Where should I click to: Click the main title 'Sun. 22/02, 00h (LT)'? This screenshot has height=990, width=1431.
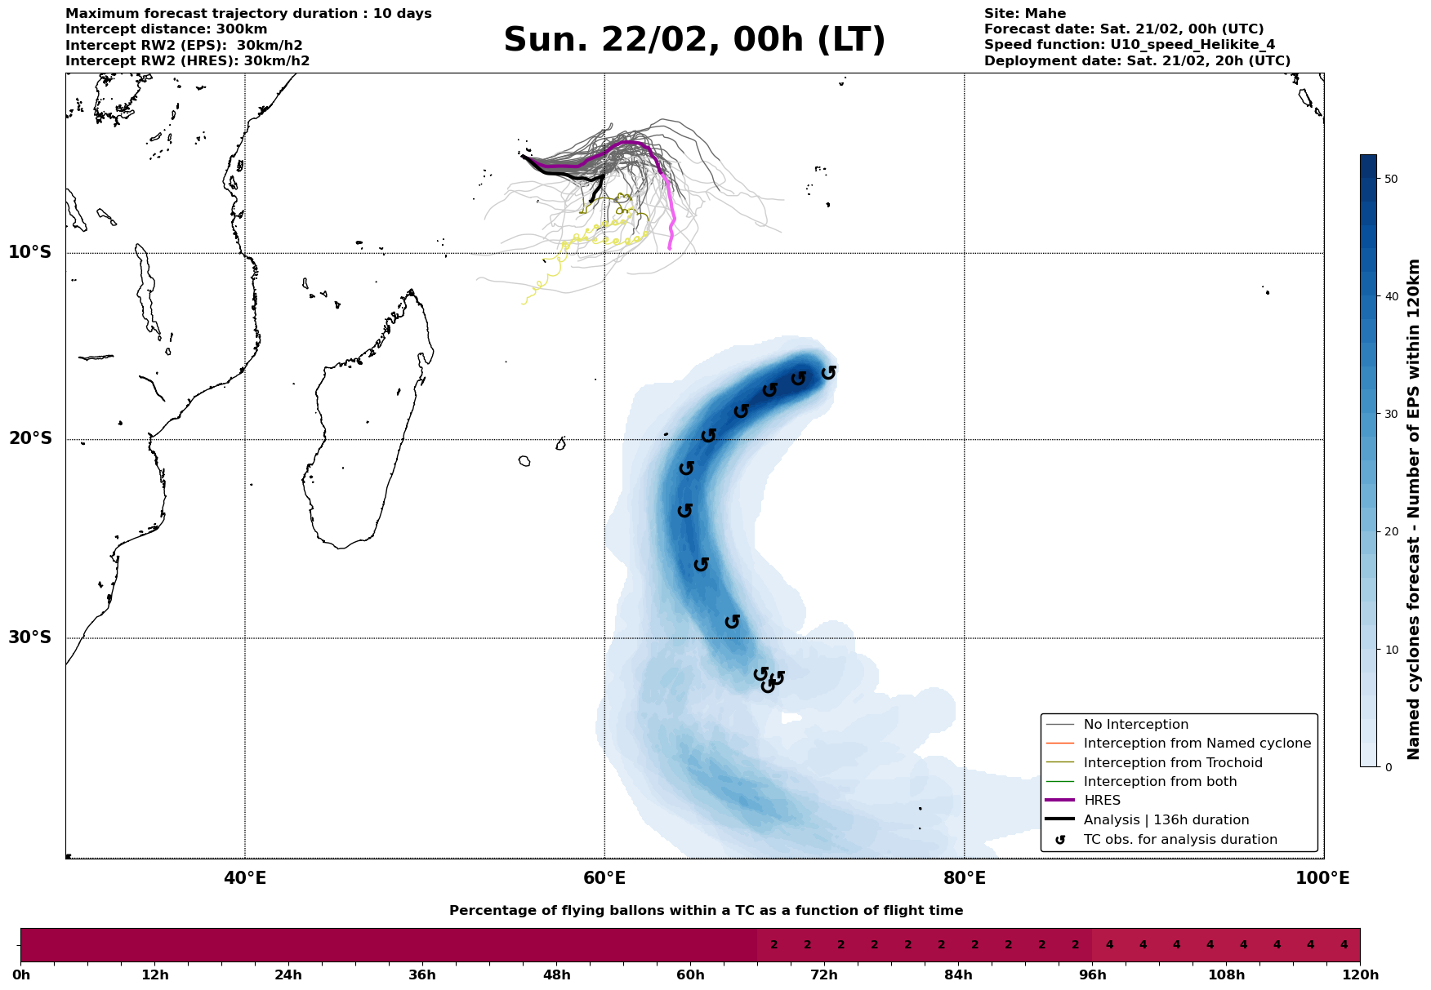[694, 40]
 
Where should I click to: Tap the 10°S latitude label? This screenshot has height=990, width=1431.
[30, 252]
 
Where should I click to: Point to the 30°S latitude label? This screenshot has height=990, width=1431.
[30, 637]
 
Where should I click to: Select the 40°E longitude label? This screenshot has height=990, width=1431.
[245, 878]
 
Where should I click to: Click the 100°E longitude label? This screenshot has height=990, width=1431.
[1323, 878]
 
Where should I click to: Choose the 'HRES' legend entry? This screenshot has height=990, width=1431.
[1102, 801]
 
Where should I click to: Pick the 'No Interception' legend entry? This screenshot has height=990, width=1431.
[1135, 725]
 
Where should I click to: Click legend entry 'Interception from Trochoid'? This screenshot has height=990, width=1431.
[1173, 763]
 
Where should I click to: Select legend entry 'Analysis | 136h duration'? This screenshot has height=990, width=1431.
[1166, 820]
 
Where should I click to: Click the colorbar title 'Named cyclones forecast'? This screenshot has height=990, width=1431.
[1415, 509]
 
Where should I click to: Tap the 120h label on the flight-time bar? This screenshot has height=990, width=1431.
[1360, 975]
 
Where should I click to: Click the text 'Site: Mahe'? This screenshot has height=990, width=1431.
[1025, 14]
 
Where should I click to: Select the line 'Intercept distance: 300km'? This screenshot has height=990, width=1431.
[167, 29]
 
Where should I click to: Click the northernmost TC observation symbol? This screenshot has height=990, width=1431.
[828, 373]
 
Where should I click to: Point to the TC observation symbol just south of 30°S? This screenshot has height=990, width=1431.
[760, 674]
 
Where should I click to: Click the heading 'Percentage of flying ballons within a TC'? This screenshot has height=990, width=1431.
[706, 911]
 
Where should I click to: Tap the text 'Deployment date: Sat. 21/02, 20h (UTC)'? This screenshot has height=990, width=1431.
[1137, 61]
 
